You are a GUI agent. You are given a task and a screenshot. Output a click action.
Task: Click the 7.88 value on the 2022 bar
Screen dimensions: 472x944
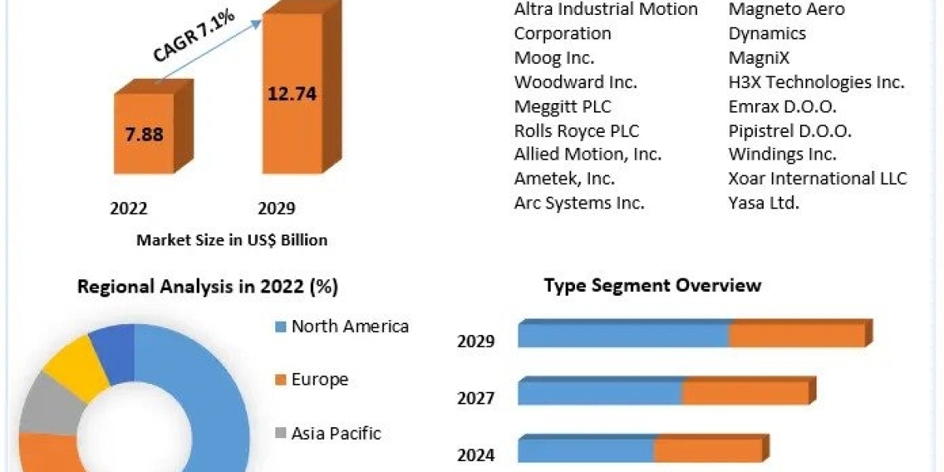pyautogui.click(x=144, y=134)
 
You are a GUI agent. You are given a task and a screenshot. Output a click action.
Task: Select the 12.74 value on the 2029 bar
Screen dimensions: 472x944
pyautogui.click(x=292, y=94)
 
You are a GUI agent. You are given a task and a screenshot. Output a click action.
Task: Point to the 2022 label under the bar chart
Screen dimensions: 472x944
pyautogui.click(x=129, y=208)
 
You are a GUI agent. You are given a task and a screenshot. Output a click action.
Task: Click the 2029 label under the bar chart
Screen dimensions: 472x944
pyautogui.click(x=276, y=208)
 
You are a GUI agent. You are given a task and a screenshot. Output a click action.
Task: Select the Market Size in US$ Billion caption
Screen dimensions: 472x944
pyautogui.click(x=232, y=240)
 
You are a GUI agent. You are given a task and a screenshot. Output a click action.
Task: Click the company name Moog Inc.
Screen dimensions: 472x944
pyautogui.click(x=554, y=57)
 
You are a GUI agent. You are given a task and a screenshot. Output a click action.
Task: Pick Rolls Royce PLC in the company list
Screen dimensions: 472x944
pyautogui.click(x=577, y=131)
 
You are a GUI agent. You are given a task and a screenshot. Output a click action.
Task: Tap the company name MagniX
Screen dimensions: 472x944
pyautogui.click(x=758, y=57)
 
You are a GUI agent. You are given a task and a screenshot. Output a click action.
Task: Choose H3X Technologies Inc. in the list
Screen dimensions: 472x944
pyautogui.click(x=816, y=82)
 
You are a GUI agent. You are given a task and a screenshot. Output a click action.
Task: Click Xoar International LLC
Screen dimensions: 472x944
pyautogui.click(x=817, y=179)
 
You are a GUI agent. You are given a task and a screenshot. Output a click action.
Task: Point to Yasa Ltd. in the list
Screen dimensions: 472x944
pyautogui.click(x=763, y=203)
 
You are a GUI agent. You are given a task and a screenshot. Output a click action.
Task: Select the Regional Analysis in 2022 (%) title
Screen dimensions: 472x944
pyautogui.click(x=208, y=287)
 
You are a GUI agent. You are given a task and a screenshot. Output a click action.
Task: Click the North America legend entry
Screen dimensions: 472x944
pyautogui.click(x=349, y=326)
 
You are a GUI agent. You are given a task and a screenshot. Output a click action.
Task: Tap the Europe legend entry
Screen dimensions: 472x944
pyautogui.click(x=319, y=380)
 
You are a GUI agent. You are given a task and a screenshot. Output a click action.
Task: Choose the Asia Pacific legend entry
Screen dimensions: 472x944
pyautogui.click(x=336, y=433)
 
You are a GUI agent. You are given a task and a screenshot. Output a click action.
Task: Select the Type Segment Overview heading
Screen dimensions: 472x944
pyautogui.click(x=652, y=285)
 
